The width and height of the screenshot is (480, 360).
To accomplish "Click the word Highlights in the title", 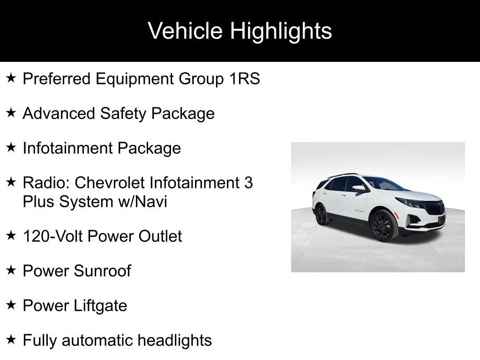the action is click(281, 31).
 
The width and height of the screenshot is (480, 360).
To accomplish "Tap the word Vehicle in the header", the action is click(185, 30).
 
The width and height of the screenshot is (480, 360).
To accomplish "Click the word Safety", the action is click(123, 114).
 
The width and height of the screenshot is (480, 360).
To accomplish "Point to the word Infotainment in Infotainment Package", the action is click(68, 148).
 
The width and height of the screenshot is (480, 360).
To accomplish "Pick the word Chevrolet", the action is click(110, 183).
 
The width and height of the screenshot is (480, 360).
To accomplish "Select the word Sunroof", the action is click(102, 271).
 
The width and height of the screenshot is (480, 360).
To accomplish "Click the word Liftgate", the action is click(100, 306).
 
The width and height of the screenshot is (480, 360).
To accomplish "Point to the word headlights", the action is click(174, 340).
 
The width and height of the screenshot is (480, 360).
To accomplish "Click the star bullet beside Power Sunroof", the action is click(11, 270).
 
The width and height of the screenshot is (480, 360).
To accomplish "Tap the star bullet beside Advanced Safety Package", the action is click(11, 112).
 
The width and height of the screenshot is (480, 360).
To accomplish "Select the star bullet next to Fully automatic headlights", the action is click(11, 339).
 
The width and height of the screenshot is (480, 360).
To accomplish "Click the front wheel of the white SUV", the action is click(384, 226).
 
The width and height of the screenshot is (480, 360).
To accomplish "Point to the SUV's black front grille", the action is click(435, 208).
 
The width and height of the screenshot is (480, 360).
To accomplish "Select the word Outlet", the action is click(160, 236).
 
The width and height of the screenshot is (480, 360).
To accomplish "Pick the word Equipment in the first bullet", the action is click(135, 79).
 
